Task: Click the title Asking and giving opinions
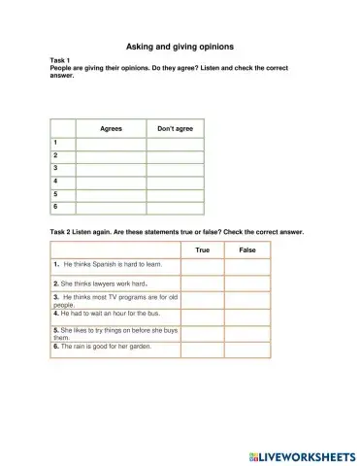tap(180, 46)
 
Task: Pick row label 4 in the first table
tap(56, 181)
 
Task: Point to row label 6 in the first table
tap(56, 206)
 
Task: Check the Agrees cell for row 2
tap(112, 155)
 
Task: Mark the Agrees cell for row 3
tap(112, 168)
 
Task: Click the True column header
tap(202, 250)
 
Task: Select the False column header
tap(246, 250)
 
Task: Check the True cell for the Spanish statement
tap(202, 265)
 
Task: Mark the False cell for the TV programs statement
tap(246, 299)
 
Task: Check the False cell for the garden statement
tap(246, 347)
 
